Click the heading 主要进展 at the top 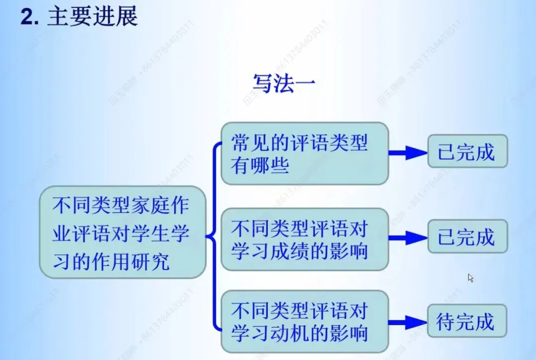92,17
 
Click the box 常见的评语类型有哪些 304,153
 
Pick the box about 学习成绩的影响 304,239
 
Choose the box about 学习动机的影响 304,322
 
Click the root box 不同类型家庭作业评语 122,232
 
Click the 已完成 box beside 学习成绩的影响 467,237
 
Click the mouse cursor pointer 470,278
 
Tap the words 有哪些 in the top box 260,165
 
